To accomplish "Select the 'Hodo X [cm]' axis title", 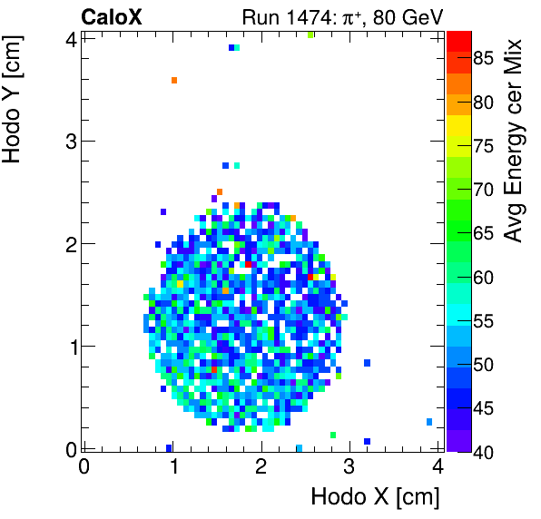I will click(x=375, y=496).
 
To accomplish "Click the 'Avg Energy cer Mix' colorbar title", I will click(x=515, y=141).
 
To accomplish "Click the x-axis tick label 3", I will click(x=349, y=467).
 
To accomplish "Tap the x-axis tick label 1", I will click(x=172, y=467).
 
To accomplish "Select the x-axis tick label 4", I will click(x=438, y=467).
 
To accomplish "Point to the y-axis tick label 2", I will click(x=70, y=244).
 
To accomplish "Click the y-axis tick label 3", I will click(x=70, y=142).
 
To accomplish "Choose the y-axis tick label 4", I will click(x=70, y=39).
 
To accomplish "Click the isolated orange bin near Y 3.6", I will click(x=173, y=80).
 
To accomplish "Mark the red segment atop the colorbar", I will click(x=458, y=40).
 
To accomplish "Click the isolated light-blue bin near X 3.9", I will click(x=428, y=422).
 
